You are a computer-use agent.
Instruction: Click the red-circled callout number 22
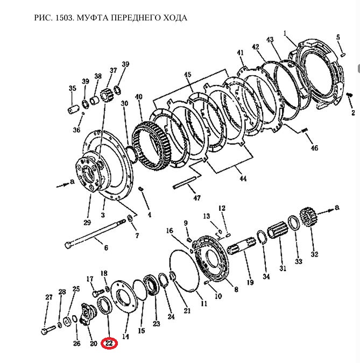(110, 343)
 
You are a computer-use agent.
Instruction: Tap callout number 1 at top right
(285, 33)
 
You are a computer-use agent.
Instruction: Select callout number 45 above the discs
(187, 74)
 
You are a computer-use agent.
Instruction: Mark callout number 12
(221, 208)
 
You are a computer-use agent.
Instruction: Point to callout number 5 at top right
(338, 37)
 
